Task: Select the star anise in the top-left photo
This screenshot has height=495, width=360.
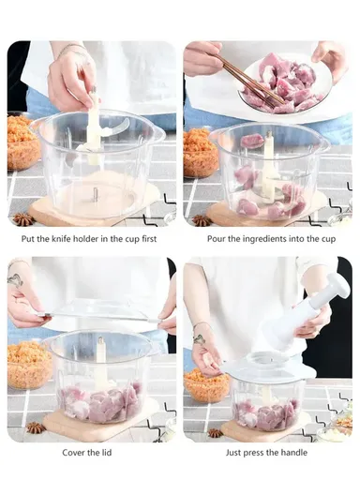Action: point(22,218)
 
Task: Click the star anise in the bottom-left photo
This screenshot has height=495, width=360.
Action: point(36,427)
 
